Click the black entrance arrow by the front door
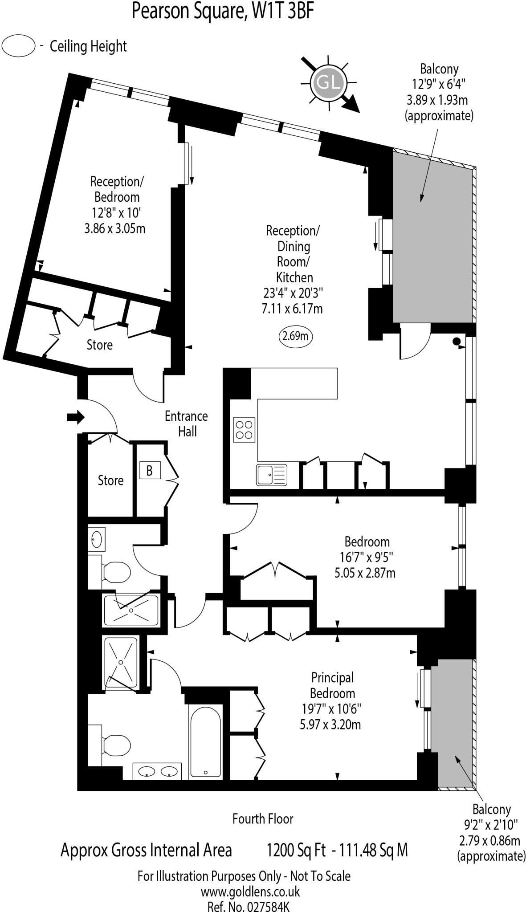tap(75, 417)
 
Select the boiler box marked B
tap(150, 470)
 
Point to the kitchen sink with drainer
tap(271, 475)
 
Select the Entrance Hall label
tap(187, 423)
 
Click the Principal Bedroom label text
tap(332, 685)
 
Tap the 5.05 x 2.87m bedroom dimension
tap(364, 573)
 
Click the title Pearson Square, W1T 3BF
tap(223, 12)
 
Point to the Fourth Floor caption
tap(263, 818)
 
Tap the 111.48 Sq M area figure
tap(373, 850)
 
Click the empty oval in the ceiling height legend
tap(18, 46)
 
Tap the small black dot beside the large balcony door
tap(456, 342)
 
